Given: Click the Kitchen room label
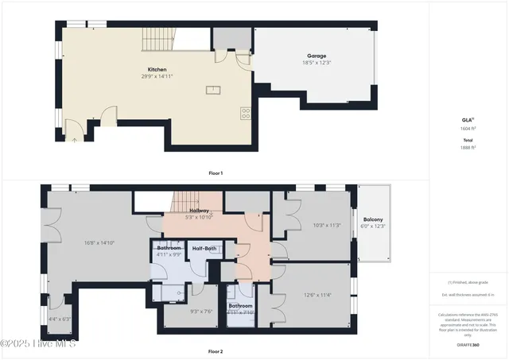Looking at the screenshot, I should click(x=157, y=69).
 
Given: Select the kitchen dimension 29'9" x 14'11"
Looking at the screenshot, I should click(x=157, y=77).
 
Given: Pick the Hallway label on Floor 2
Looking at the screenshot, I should click(x=198, y=210).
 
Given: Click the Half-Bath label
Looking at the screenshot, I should click(x=204, y=249).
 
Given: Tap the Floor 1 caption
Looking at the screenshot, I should click(x=216, y=172).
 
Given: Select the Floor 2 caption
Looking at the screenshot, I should click(x=216, y=350).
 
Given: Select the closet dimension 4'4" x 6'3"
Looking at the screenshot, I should click(x=60, y=319).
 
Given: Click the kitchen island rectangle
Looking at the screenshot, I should click(x=213, y=90).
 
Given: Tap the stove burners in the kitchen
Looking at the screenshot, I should click(x=246, y=114).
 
